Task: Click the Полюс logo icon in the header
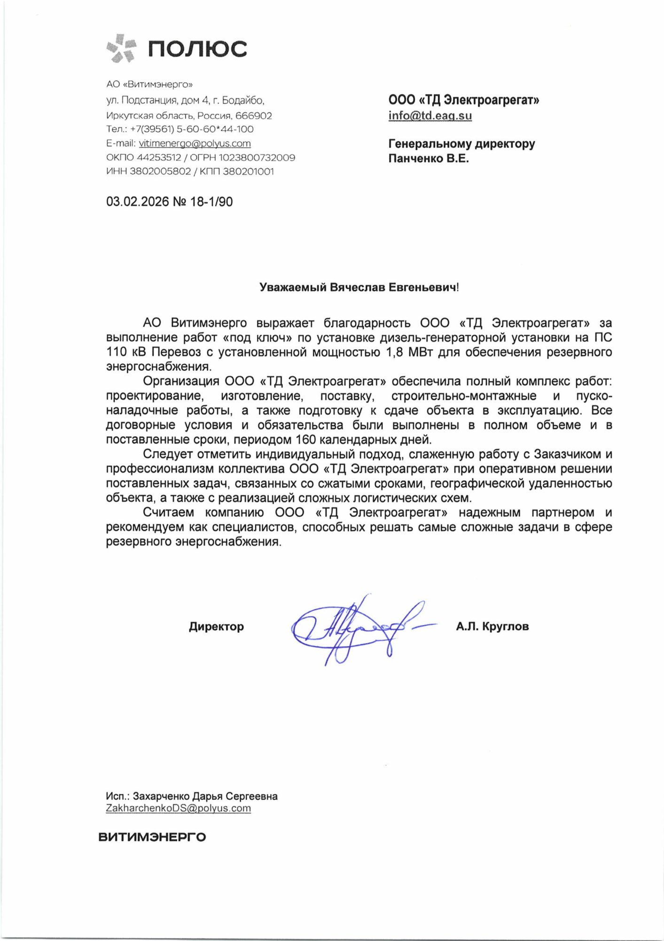coord(121,48)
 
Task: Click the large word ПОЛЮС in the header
coord(197,49)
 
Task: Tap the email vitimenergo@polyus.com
coord(195,144)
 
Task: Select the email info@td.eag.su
coord(430,116)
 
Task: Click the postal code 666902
coord(254,116)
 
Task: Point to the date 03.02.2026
coord(137,202)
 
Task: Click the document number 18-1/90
coord(211,202)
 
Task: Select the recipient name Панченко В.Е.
coord(429,159)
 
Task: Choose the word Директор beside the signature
coord(216,627)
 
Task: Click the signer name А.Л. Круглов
coord(492,627)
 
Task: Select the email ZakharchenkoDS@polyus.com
coord(178,808)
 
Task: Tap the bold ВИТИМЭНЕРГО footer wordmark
coord(152,837)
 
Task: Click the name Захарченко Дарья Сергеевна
coord(205,796)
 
